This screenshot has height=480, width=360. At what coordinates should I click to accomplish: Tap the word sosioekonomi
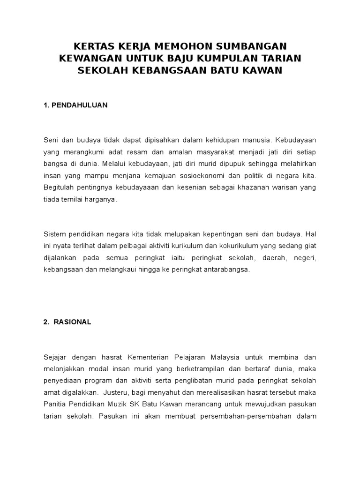pyautogui.click(x=224, y=176)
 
